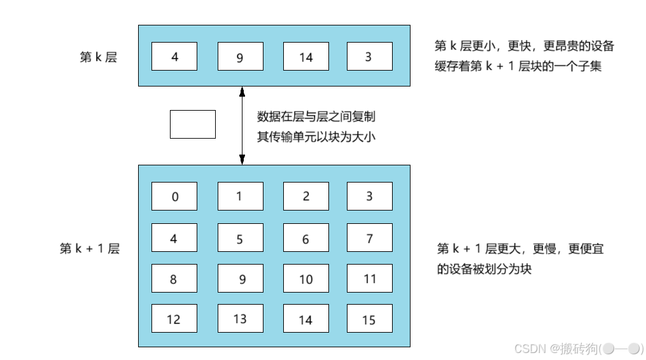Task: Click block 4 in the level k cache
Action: pyautogui.click(x=174, y=57)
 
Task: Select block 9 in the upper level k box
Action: pyautogui.click(x=240, y=57)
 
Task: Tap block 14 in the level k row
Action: pyautogui.click(x=305, y=57)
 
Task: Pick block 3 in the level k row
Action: pyautogui.click(x=369, y=57)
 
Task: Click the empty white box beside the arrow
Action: pyautogui.click(x=192, y=124)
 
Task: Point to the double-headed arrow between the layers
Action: pyautogui.click(x=242, y=125)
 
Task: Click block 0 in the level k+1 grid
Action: pyautogui.click(x=174, y=196)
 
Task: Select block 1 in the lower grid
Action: pyautogui.click(x=240, y=196)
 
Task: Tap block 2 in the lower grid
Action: pyautogui.click(x=305, y=196)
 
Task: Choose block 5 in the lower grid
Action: pyautogui.click(x=240, y=239)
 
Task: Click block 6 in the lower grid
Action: pyautogui.click(x=305, y=239)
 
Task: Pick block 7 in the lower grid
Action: pyautogui.click(x=369, y=239)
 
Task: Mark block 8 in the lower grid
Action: pyautogui.click(x=174, y=279)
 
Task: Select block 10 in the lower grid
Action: pyautogui.click(x=305, y=279)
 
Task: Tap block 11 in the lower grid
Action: pyautogui.click(x=369, y=279)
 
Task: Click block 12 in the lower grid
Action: pyautogui.click(x=174, y=319)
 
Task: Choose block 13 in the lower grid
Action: pyautogui.click(x=240, y=319)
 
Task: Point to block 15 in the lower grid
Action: pyautogui.click(x=369, y=319)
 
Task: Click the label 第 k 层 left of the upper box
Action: pyautogui.click(x=99, y=57)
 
